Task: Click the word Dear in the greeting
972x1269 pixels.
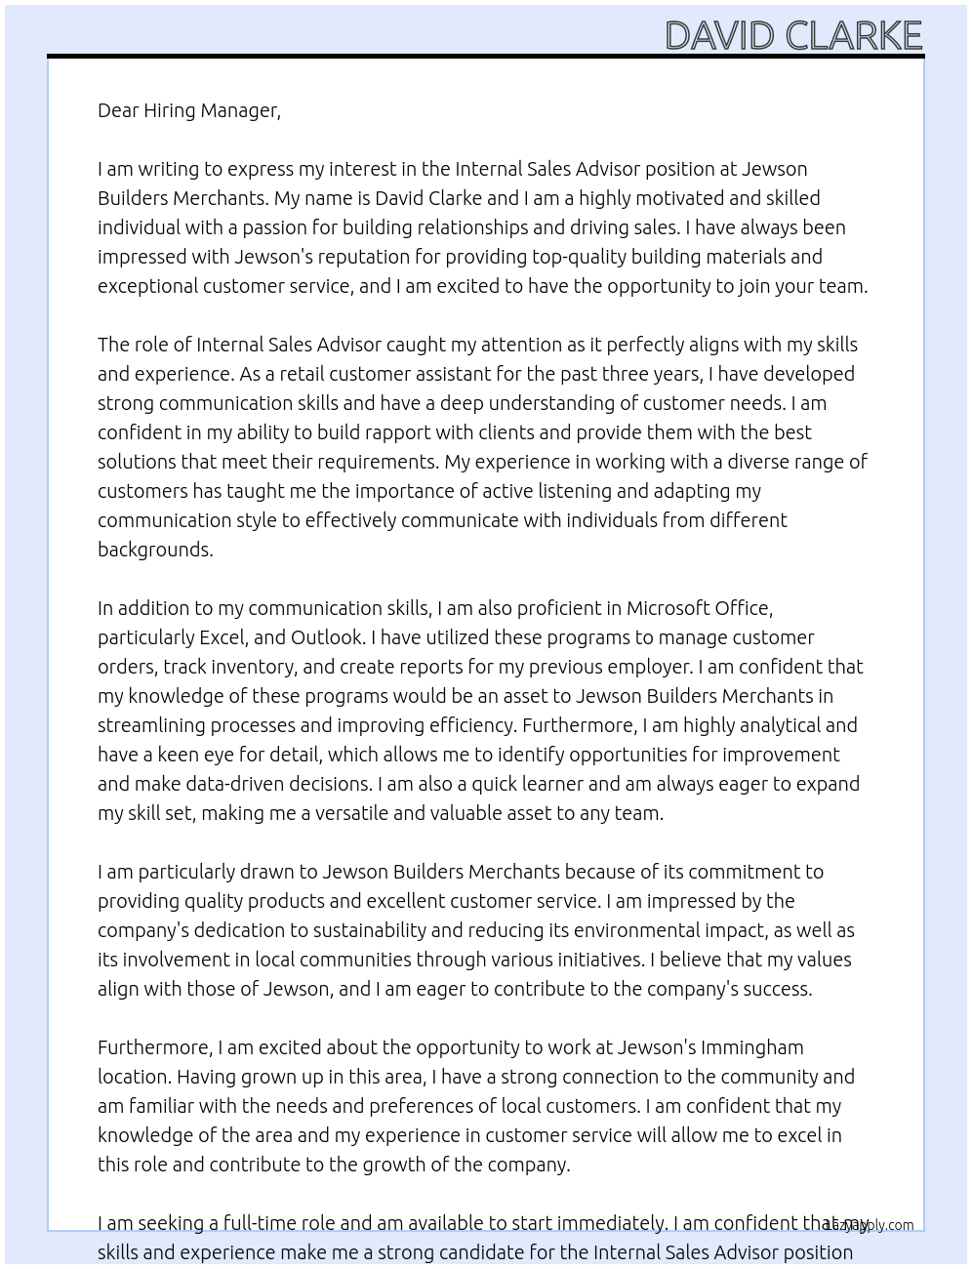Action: [118, 110]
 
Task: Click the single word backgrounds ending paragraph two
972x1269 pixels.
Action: [155, 550]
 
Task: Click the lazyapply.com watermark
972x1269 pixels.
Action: [870, 1225]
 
